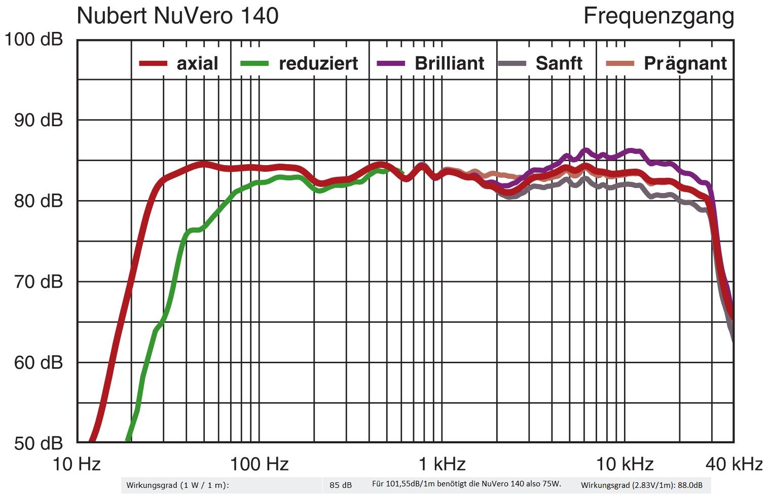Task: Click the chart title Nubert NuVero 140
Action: click(x=177, y=16)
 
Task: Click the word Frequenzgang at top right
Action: click(x=658, y=16)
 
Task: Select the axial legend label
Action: click(x=197, y=63)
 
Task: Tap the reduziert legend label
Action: click(x=318, y=63)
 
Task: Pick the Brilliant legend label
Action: click(x=449, y=63)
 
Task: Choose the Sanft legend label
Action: click(x=559, y=63)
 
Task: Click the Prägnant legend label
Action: click(x=685, y=63)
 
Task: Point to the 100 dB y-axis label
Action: click(x=33, y=39)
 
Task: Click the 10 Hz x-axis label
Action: click(x=77, y=464)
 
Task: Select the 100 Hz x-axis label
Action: click(x=259, y=464)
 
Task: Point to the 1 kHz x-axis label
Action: click(x=442, y=464)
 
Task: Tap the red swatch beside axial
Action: click(x=153, y=64)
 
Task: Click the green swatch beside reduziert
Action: click(x=254, y=64)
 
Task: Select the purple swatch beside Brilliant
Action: click(x=391, y=64)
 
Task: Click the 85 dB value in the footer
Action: click(x=340, y=485)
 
